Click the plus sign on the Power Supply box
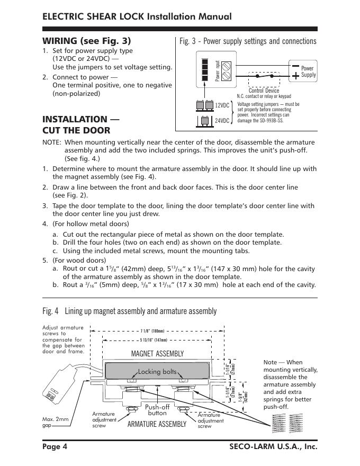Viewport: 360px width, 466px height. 295,75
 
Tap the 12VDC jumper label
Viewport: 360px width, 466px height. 222,106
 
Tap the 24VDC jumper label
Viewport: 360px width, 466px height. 222,121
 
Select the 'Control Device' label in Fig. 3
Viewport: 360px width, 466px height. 264,91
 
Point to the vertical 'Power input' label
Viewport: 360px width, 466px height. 217,71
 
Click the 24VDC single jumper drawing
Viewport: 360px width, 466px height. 205,121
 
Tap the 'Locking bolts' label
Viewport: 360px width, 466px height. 157,372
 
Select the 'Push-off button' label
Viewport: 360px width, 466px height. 157,410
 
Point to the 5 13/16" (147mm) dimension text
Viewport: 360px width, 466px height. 154,340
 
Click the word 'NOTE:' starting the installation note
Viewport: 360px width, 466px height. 51,142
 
